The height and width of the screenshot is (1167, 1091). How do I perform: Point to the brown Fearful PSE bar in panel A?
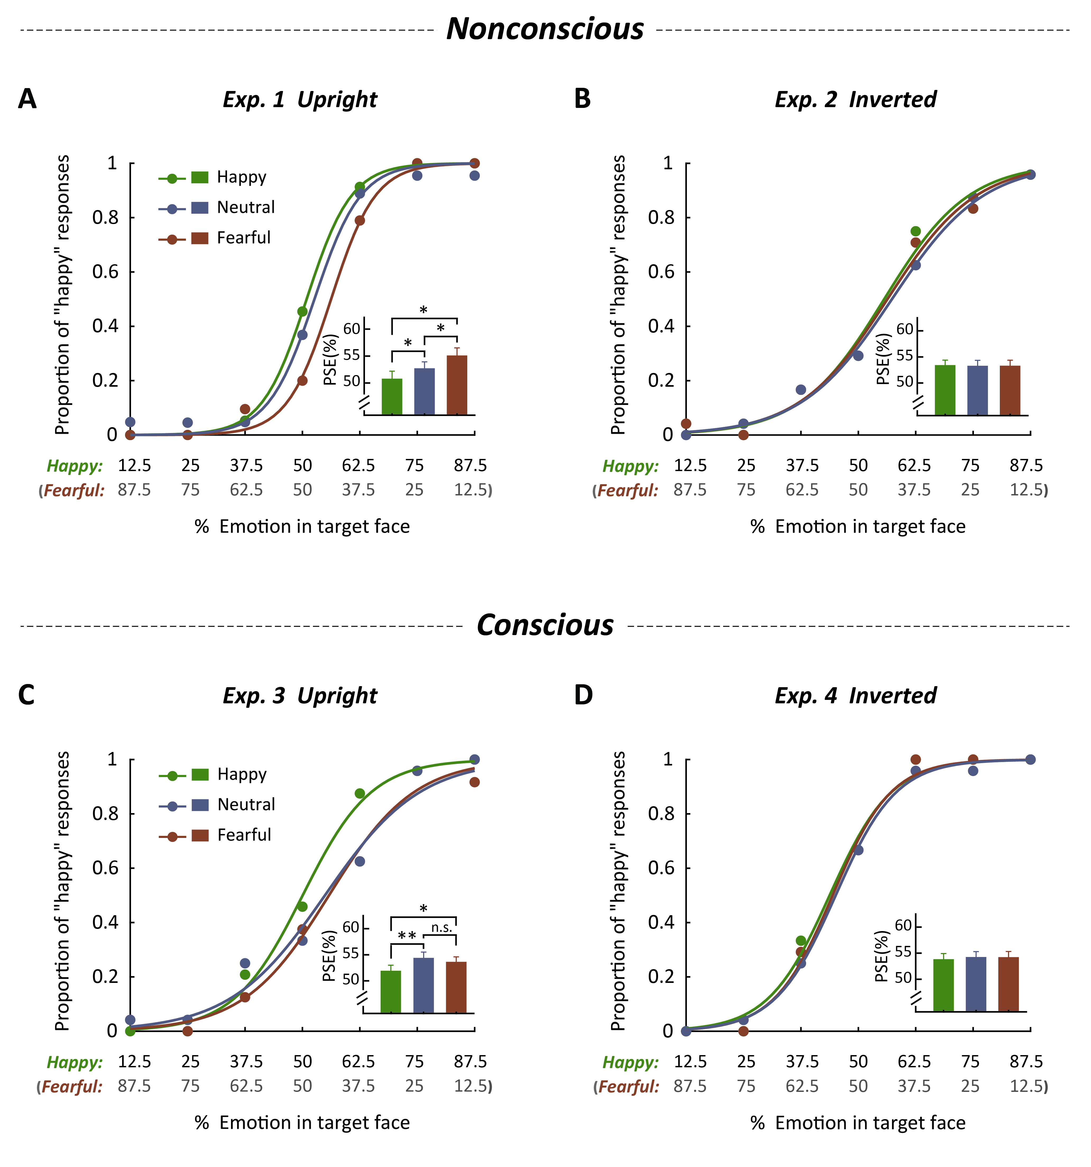pos(457,385)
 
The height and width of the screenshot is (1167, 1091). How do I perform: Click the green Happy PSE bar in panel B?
pos(945,390)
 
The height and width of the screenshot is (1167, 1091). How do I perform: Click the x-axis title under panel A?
pos(302,527)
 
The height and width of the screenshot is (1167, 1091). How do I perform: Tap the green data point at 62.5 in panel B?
pos(916,231)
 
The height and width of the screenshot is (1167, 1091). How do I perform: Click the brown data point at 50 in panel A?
pos(302,380)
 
